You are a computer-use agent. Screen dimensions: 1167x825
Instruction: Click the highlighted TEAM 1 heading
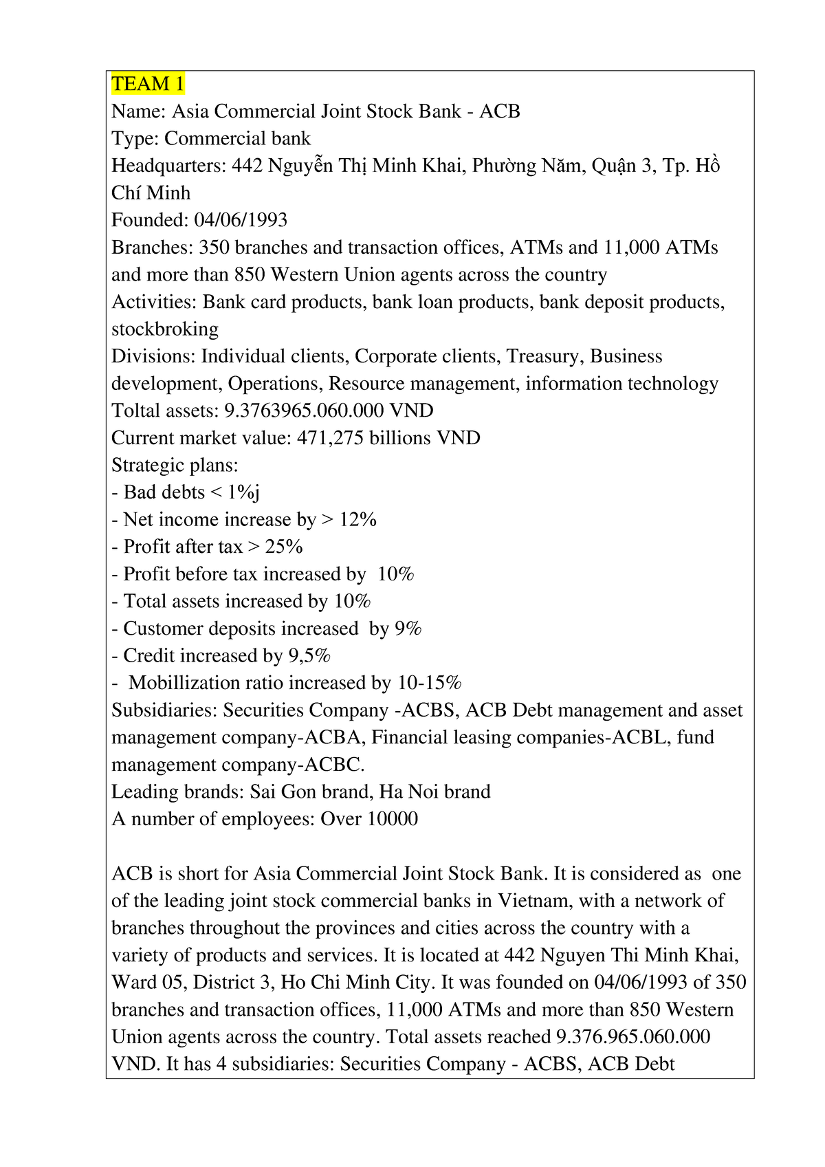(148, 84)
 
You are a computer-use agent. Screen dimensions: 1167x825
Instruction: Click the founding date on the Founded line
(241, 220)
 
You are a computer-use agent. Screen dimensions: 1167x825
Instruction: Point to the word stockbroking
(165, 329)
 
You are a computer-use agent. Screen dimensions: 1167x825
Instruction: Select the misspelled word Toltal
(135, 411)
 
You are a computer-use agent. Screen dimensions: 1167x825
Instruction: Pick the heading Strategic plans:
(175, 466)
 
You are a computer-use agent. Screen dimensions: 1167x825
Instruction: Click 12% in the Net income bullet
(357, 520)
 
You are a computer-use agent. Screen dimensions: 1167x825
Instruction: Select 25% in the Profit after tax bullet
(284, 547)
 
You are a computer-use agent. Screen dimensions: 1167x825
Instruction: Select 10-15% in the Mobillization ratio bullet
(430, 683)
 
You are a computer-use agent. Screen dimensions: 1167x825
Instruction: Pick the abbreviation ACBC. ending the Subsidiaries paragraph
(334, 765)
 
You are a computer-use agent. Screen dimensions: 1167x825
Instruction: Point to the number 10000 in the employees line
(393, 819)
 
